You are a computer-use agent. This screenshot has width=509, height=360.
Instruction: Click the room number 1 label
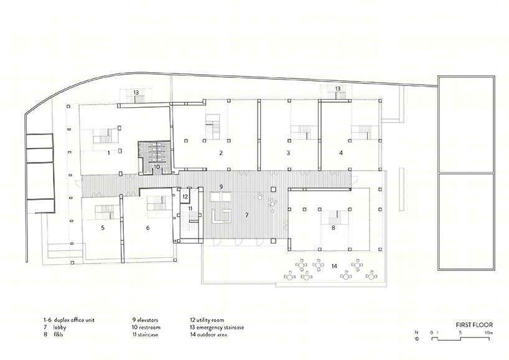click(x=109, y=153)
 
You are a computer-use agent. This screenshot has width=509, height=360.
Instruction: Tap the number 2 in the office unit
click(x=221, y=153)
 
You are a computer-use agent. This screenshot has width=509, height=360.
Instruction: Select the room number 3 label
click(x=288, y=153)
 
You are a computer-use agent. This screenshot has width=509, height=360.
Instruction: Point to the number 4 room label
click(x=341, y=153)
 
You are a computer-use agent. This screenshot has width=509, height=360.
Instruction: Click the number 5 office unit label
click(x=103, y=228)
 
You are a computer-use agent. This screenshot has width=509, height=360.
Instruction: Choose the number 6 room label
click(x=147, y=228)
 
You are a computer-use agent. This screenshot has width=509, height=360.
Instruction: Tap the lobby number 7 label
click(x=247, y=215)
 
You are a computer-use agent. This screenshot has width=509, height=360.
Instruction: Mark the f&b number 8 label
click(x=334, y=228)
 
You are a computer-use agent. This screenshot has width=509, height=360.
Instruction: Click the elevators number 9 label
click(x=221, y=187)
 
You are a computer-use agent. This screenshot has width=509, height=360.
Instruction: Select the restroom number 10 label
click(x=157, y=167)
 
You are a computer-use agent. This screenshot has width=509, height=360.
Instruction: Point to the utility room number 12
click(x=185, y=197)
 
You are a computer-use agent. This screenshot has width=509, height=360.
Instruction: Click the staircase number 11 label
click(x=190, y=209)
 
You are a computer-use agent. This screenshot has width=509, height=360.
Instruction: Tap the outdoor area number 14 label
click(x=334, y=266)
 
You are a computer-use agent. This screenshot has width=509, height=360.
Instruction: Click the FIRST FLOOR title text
click(x=474, y=325)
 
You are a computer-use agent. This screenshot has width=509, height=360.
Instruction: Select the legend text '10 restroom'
click(x=146, y=327)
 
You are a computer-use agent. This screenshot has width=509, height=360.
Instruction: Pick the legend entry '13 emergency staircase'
click(x=217, y=327)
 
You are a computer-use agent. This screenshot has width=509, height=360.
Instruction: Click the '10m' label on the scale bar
click(x=489, y=333)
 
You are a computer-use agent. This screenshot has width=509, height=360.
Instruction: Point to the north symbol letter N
click(x=416, y=333)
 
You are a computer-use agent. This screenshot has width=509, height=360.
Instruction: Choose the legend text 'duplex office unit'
click(x=74, y=320)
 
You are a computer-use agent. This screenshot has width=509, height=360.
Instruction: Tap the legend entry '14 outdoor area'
click(x=208, y=334)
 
